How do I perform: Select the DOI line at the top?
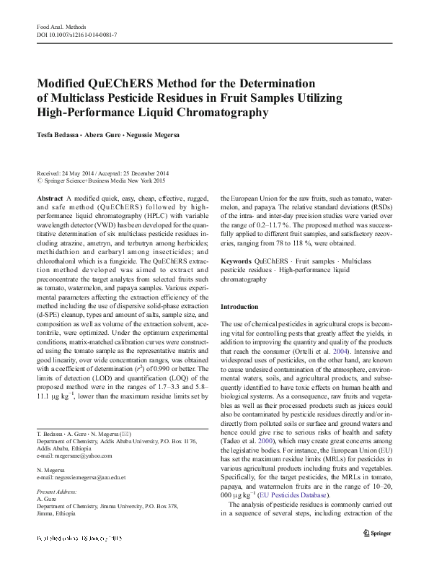(77, 35)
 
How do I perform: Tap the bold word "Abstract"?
(49, 198)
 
